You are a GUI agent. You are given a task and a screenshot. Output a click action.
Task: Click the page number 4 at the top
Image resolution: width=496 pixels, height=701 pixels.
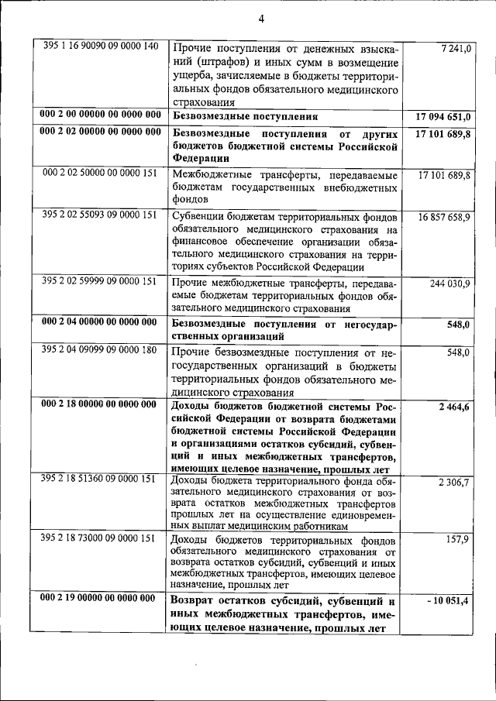tap(262, 19)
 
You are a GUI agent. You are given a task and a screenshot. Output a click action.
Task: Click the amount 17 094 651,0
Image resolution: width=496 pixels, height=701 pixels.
tap(443, 117)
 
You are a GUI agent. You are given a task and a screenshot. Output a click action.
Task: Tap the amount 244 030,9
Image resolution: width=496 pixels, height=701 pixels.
tap(450, 283)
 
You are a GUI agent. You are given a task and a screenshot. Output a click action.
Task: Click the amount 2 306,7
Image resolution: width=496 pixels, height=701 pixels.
tap(454, 483)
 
